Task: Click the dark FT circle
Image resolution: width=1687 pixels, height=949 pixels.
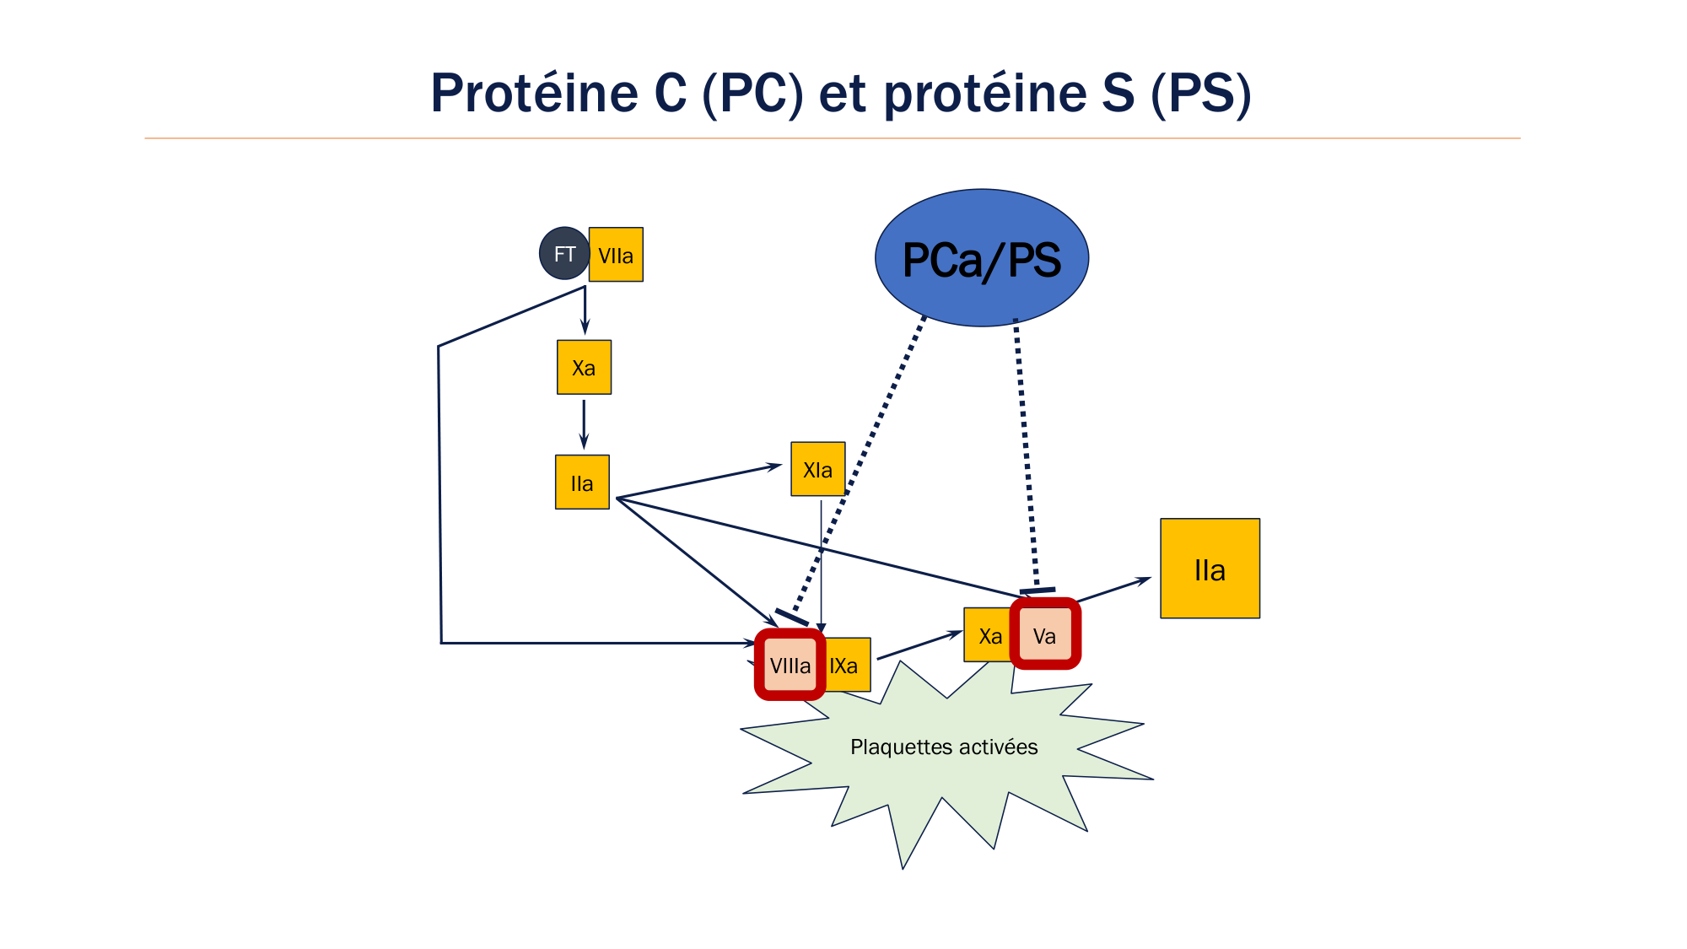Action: point(564,253)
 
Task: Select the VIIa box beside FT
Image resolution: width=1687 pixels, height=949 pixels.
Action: point(616,255)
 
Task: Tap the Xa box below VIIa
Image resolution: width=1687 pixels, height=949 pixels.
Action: point(584,367)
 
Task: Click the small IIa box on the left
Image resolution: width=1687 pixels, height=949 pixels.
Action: point(582,483)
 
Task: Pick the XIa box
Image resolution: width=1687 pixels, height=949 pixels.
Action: point(817,469)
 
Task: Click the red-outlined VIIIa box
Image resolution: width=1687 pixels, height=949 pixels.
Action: point(790,665)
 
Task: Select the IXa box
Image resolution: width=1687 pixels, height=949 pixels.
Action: point(846,665)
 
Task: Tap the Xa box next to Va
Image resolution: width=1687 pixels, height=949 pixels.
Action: point(989,635)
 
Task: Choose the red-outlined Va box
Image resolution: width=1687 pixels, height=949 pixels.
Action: point(1045,634)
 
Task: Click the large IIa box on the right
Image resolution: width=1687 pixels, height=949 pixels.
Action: point(1210,569)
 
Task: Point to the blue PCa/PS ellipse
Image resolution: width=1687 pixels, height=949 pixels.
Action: point(982,258)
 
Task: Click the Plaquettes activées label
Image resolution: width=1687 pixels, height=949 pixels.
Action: point(944,747)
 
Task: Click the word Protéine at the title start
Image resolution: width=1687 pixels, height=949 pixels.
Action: point(534,93)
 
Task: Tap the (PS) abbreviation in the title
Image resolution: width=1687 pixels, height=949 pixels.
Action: point(1201,93)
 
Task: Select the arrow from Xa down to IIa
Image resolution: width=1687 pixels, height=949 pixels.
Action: point(584,423)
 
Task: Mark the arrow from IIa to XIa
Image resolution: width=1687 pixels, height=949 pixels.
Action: point(700,481)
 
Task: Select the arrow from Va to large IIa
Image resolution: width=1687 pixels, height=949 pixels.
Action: point(1113,590)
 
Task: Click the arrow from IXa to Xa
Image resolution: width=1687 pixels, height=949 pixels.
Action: point(919,645)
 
